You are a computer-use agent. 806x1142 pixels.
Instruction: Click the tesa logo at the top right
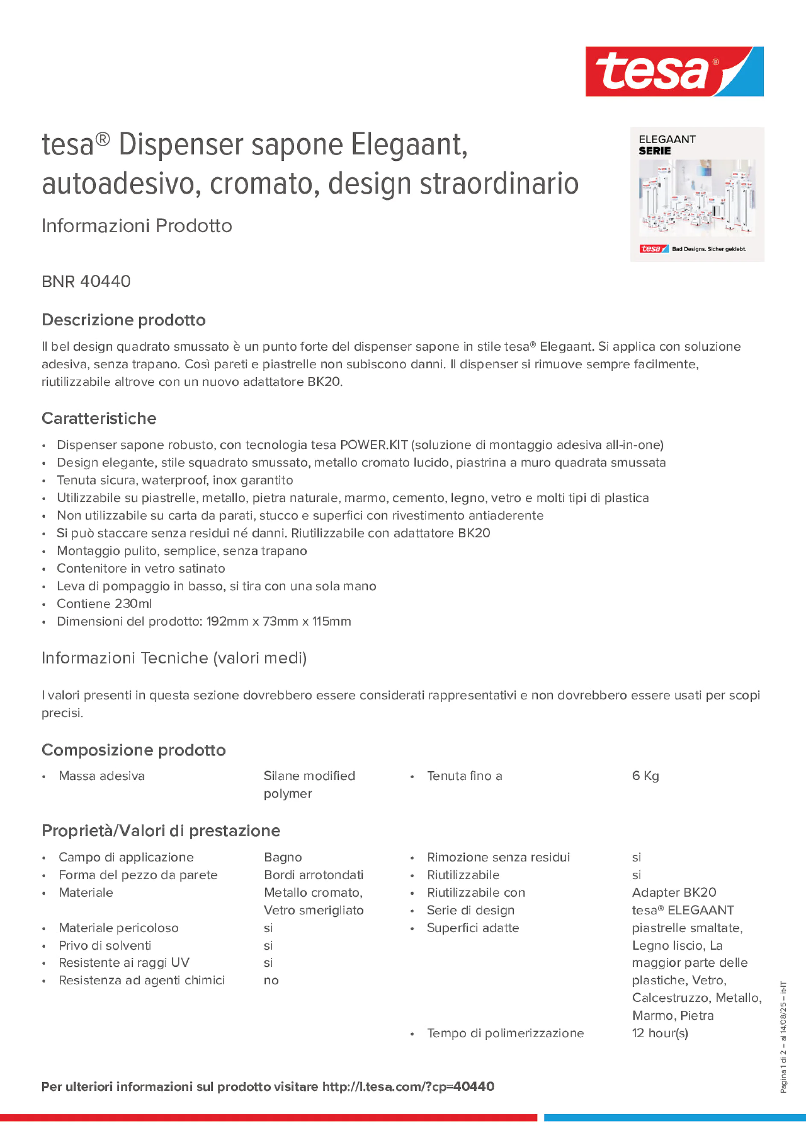coord(674,71)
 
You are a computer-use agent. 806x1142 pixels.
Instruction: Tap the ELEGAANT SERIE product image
coord(697,195)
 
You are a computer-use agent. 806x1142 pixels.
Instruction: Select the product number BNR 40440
coord(86,281)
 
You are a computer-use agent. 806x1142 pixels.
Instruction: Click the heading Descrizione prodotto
coord(123,320)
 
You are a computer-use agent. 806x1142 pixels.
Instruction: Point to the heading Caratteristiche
coord(99,418)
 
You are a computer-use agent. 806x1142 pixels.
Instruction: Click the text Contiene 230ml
coord(104,603)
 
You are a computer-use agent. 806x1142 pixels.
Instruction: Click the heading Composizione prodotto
coord(134,750)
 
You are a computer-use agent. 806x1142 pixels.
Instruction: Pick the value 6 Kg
coord(645,776)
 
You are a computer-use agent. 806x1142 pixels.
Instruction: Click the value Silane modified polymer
coord(309,785)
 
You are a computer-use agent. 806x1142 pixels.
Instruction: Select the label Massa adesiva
coord(101,776)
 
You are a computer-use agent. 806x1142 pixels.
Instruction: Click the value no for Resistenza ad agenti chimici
coord(271,980)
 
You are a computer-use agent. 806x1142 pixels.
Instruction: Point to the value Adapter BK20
coord(674,892)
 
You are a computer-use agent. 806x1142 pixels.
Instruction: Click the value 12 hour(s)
coord(660,1033)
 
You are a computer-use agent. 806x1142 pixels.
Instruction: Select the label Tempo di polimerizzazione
coord(505,1033)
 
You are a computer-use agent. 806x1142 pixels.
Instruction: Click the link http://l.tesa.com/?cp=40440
coord(408,1087)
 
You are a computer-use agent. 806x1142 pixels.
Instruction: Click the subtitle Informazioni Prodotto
coord(137,225)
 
